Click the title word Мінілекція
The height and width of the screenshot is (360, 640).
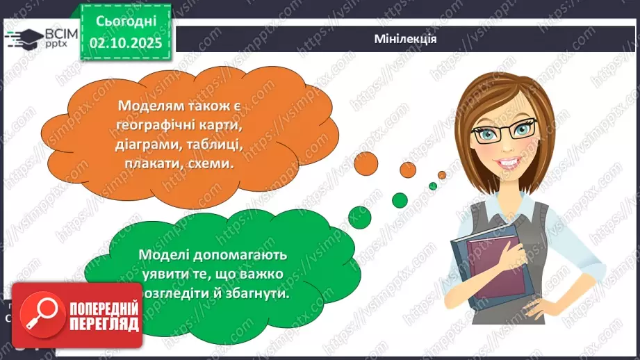point(404,39)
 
